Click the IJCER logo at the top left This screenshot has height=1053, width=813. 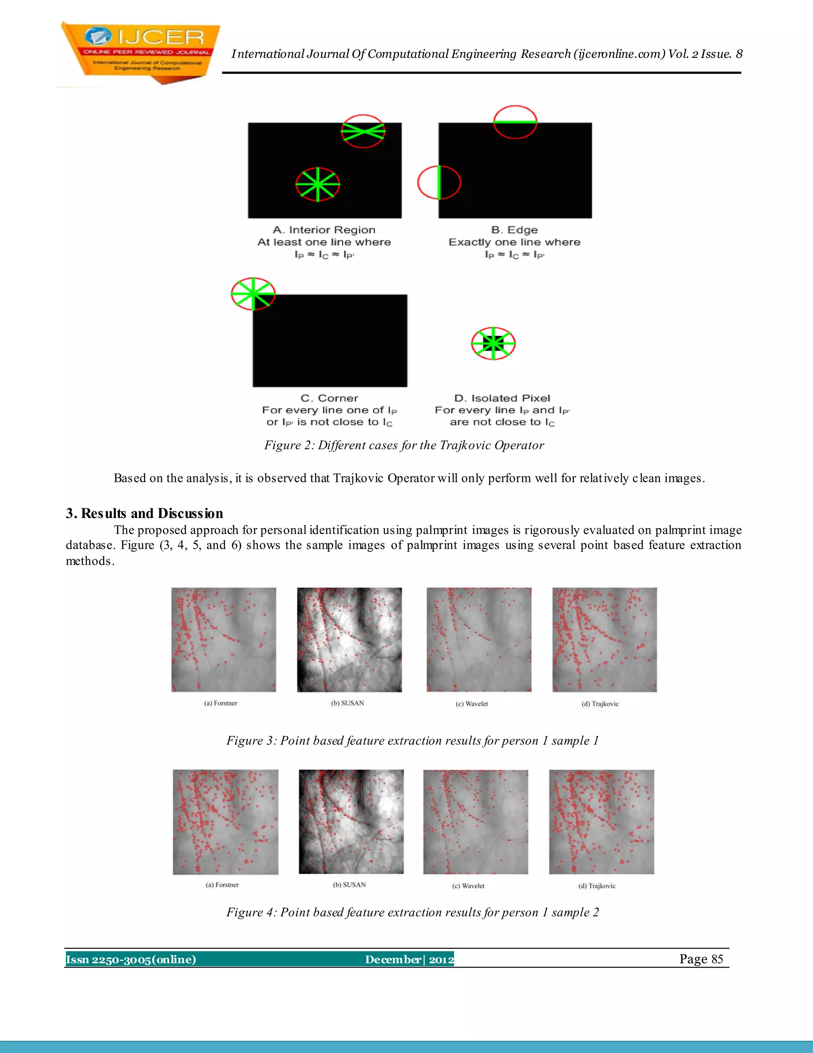tap(140, 52)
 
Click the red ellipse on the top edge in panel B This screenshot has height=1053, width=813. tap(515, 122)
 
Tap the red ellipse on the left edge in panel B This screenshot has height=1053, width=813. tap(439, 182)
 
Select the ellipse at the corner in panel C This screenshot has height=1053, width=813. tap(253, 294)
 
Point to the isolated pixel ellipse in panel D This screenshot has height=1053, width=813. tap(493, 343)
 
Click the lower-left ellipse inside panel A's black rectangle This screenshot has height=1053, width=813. tap(318, 184)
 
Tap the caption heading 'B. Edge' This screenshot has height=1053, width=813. tap(514, 230)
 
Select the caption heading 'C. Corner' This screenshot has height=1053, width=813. tap(329, 398)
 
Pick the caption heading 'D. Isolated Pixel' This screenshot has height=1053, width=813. tap(502, 398)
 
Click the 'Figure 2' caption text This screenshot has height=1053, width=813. tap(404, 445)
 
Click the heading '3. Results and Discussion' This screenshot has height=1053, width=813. tap(144, 513)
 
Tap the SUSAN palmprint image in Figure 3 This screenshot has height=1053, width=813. tap(349, 639)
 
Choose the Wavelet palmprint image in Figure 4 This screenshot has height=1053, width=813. tap(475, 822)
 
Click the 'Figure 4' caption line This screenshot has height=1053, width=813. tap(412, 912)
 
